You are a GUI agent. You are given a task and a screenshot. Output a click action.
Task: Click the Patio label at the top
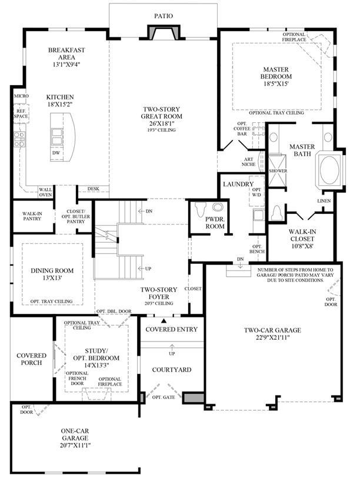point(164,16)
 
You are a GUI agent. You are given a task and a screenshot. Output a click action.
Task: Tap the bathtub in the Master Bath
point(329,170)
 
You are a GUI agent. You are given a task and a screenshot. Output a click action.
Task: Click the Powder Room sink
point(218,207)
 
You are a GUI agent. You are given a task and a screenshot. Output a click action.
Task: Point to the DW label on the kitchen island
point(56,153)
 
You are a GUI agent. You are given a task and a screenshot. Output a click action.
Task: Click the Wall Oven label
point(45,192)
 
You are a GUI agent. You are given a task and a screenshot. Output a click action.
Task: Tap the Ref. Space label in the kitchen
point(21,113)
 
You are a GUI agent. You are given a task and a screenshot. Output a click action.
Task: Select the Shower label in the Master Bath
point(278,171)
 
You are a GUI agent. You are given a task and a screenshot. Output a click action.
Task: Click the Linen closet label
point(324,201)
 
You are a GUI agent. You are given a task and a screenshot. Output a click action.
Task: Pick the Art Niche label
point(249,162)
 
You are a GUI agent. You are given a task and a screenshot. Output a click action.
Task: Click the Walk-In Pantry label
point(32,216)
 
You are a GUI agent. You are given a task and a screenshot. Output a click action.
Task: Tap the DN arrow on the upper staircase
point(142,211)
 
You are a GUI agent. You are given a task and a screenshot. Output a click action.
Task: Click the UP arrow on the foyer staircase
point(142,269)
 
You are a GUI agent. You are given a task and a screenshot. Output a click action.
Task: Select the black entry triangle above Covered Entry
point(164,321)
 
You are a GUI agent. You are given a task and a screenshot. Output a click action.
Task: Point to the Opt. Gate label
point(164,397)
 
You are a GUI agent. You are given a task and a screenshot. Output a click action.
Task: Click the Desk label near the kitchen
point(94,189)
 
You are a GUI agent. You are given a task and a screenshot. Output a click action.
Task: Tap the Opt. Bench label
point(257,249)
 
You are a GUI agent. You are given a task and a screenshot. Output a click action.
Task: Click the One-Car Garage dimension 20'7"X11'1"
point(75,445)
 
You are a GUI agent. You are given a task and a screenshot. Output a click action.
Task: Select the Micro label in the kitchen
point(21,96)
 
